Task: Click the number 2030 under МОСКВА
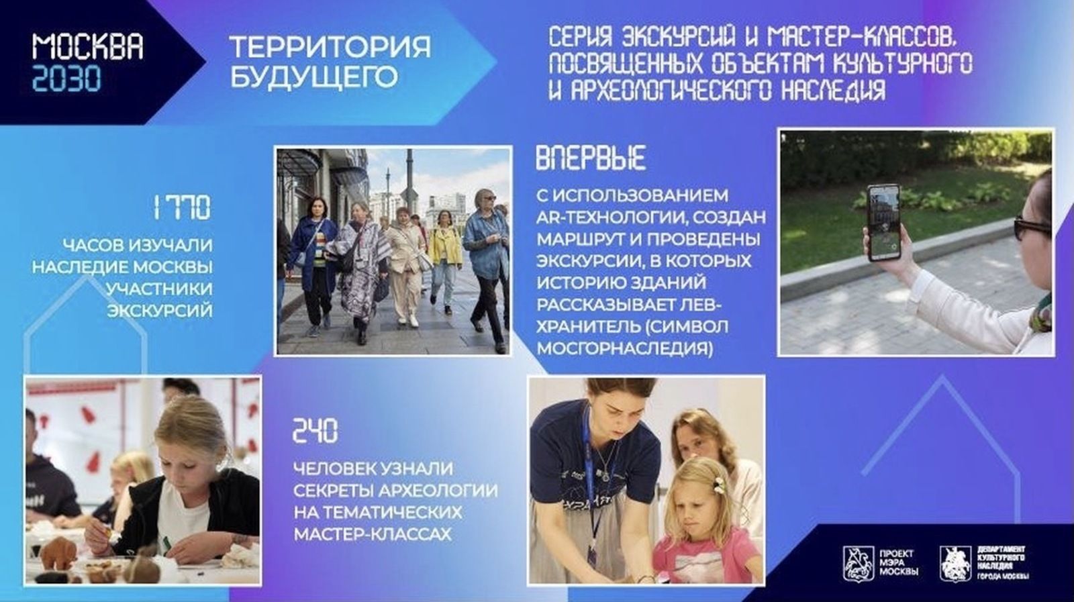coord(66,78)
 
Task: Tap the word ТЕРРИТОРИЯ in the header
coord(330,47)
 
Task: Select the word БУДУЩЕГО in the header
coord(314,77)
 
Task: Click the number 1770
coord(182,207)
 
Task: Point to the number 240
coord(315,430)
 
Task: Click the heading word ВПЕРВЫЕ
coord(591,158)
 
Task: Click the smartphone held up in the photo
coord(883,222)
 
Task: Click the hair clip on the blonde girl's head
coord(718,485)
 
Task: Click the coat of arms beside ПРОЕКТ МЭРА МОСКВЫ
coord(859,564)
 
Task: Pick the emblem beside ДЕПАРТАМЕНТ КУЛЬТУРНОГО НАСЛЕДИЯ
coord(956,564)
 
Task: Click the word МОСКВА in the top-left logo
coord(88,47)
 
